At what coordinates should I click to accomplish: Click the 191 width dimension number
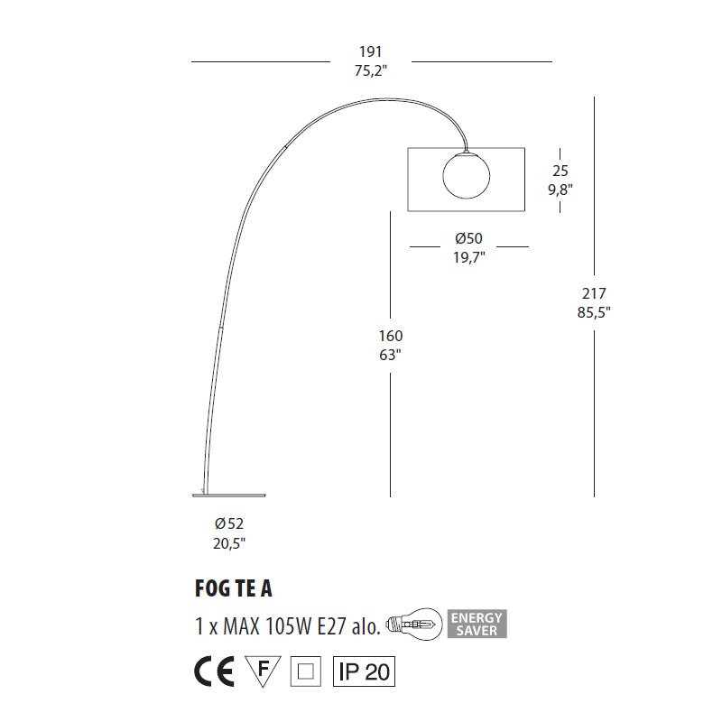[x=371, y=51]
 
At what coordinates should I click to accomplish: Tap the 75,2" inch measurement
[x=371, y=71]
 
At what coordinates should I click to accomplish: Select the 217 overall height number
[x=594, y=293]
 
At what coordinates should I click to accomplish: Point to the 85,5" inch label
[x=594, y=312]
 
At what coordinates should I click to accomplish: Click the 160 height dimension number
[x=391, y=336]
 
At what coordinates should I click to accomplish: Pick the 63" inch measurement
[x=391, y=355]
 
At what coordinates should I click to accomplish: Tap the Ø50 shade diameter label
[x=468, y=238]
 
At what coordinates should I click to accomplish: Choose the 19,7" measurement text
[x=468, y=257]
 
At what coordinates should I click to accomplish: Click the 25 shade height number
[x=560, y=171]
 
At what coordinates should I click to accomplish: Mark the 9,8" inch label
[x=560, y=190]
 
